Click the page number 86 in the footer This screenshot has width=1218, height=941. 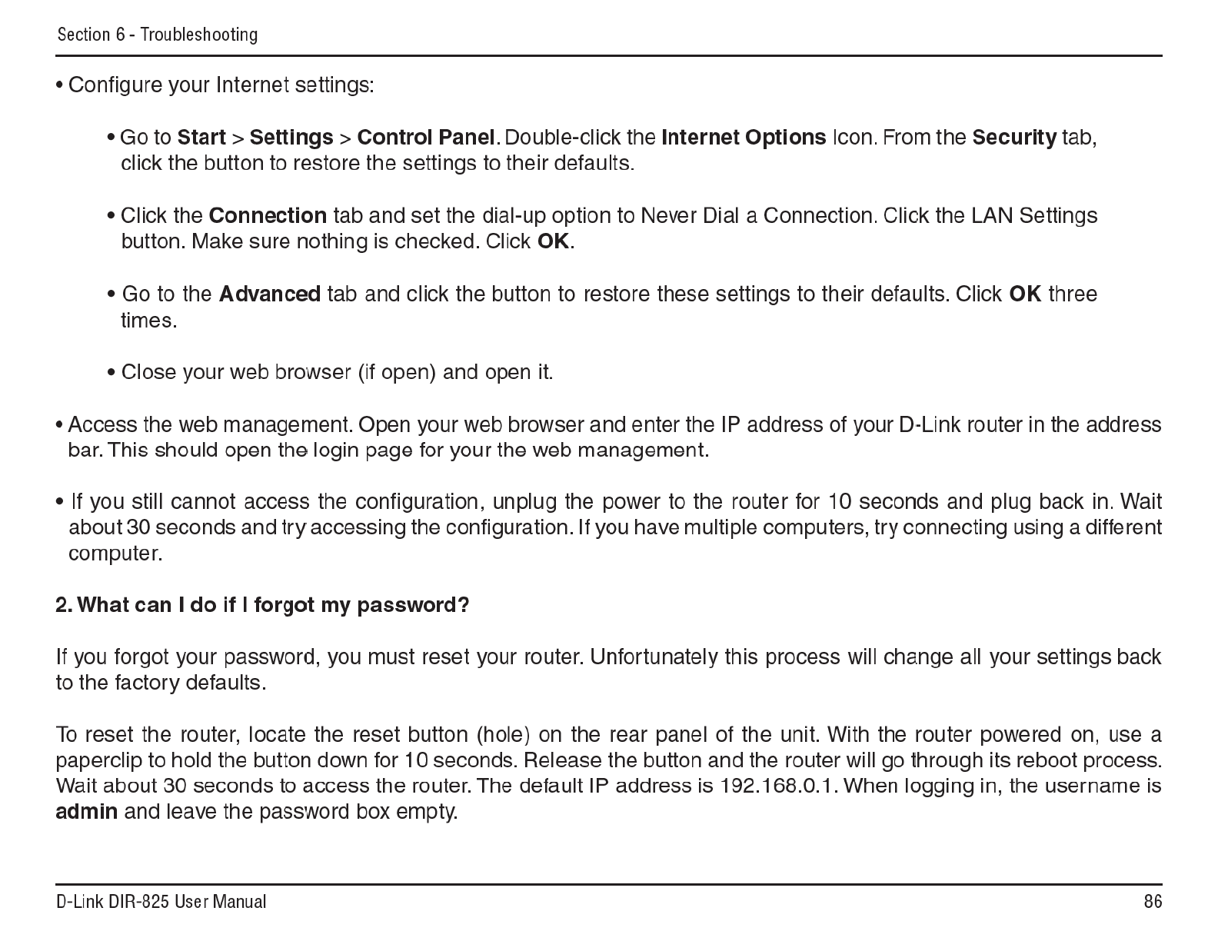pyautogui.click(x=1152, y=902)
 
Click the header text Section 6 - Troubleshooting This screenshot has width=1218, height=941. pyautogui.click(x=158, y=35)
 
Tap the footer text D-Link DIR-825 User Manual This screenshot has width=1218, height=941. pyautogui.click(x=161, y=902)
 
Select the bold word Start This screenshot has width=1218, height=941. pyautogui.click(x=201, y=138)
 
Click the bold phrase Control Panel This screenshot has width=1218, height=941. pyautogui.click(x=426, y=138)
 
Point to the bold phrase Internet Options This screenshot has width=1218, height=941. pyautogui.click(x=744, y=138)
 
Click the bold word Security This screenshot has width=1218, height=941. pyautogui.click(x=1014, y=138)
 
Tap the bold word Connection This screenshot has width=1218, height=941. pyautogui.click(x=268, y=215)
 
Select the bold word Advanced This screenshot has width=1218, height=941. pyautogui.click(x=270, y=294)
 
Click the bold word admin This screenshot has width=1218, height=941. pyautogui.click(x=87, y=812)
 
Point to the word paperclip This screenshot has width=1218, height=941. pyautogui.click(x=98, y=760)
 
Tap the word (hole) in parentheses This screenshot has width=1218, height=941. pyautogui.click(x=503, y=735)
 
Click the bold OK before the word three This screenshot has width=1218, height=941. pyautogui.click(x=1024, y=294)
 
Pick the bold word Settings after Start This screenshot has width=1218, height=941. pyautogui.click(x=291, y=138)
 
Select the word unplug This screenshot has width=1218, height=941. pyautogui.click(x=524, y=502)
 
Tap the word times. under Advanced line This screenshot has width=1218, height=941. pyautogui.click(x=149, y=320)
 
